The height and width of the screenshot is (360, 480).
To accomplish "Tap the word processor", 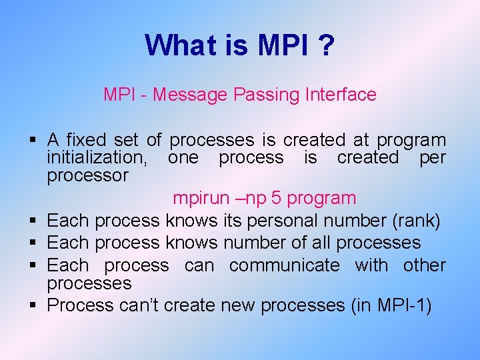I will pos(87,175).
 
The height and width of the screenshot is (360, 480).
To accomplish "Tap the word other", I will pos(424,265).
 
